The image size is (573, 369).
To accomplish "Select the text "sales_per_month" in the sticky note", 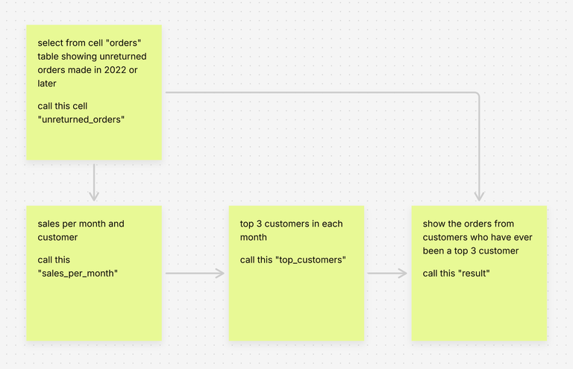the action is tap(77, 273).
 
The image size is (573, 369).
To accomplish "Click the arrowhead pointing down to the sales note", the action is tap(94, 196).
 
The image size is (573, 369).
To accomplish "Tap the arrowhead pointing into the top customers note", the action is tap(220, 274).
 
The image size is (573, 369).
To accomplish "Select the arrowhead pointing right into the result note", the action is tap(402, 274).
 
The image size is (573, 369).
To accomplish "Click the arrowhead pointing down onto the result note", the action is tap(479, 196).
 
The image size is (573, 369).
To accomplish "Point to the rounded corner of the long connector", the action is tap(476, 95).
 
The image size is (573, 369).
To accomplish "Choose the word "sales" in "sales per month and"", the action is tap(49, 224).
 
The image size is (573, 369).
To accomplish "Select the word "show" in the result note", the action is tap(434, 224).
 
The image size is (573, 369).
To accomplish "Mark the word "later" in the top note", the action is tap(46, 83).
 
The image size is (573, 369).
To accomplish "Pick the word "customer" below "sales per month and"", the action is tap(57, 238).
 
